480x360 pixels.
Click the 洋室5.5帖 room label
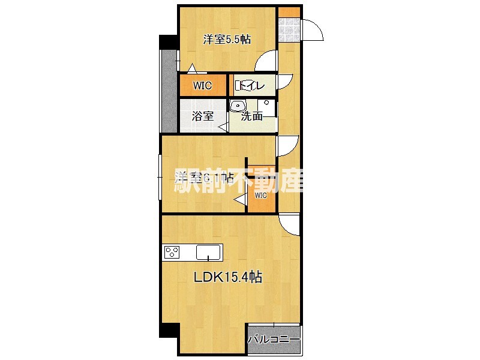(x=227, y=40)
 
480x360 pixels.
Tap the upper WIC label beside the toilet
(x=202, y=86)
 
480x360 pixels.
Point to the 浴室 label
(x=203, y=116)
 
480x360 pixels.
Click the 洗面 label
(x=252, y=116)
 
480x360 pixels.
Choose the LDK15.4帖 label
(x=227, y=278)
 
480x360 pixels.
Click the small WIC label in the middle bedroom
(x=261, y=196)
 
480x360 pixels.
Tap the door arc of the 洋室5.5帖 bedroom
(x=267, y=61)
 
